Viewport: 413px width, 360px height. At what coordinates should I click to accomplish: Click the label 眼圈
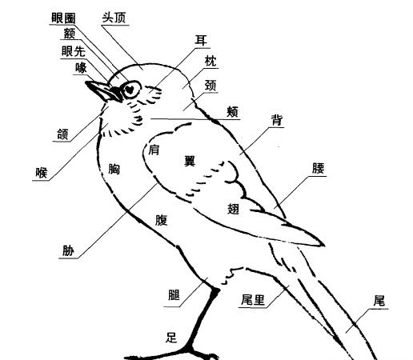click(63, 18)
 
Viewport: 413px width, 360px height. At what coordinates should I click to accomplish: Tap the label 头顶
click(114, 18)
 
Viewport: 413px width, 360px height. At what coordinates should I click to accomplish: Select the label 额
click(70, 34)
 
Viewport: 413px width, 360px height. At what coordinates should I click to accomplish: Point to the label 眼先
click(74, 51)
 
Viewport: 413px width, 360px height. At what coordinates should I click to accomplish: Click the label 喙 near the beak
click(81, 68)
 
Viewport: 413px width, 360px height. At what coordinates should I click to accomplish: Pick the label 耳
click(201, 41)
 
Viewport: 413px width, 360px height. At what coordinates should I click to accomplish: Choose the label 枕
click(211, 62)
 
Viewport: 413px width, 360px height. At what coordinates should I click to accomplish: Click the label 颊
click(232, 112)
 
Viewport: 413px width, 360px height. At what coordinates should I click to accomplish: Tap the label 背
click(276, 120)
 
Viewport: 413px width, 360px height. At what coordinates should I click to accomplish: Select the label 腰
click(319, 169)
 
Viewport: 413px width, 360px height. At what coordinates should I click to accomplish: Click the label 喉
click(42, 173)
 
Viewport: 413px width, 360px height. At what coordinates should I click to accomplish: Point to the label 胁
click(68, 250)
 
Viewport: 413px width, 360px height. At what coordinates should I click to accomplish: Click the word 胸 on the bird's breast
click(114, 169)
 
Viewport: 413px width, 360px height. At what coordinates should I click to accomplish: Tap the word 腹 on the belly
click(161, 220)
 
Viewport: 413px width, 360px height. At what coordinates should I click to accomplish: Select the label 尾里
click(253, 300)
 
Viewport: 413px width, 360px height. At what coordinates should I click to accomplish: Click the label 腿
click(174, 295)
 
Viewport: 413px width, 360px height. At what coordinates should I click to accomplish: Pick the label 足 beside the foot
click(171, 338)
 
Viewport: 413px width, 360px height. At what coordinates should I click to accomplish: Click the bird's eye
click(130, 90)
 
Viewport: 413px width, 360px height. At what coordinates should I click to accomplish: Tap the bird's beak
click(103, 91)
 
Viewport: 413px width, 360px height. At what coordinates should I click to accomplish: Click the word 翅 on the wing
click(233, 209)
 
